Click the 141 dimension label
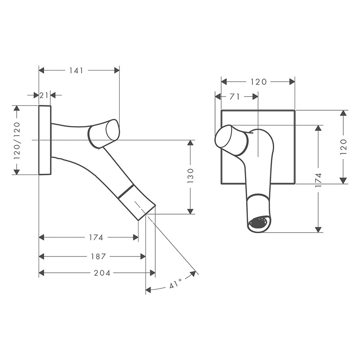coord(76,71)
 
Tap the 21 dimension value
coord(44,95)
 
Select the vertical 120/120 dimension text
coord(17,140)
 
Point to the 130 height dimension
coord(190,175)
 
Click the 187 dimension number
coord(98,256)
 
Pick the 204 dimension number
coord(102,273)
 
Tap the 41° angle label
coord(175,283)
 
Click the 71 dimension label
coord(234,97)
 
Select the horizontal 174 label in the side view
coord(96,237)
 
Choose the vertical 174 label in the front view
coord(318,180)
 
